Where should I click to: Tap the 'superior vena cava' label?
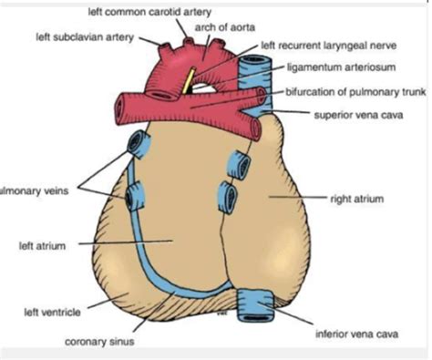(x=354, y=115)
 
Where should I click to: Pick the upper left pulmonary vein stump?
(x=139, y=143)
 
